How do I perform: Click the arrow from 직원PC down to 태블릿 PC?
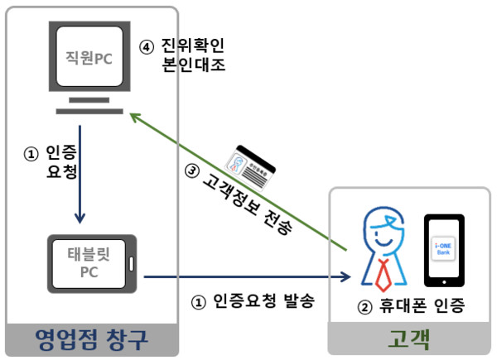point(79,174)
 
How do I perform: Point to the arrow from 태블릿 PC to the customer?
point(248,276)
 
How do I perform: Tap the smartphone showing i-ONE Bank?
point(443,247)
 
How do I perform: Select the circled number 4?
point(146,46)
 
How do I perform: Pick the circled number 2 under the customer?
point(365,307)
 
